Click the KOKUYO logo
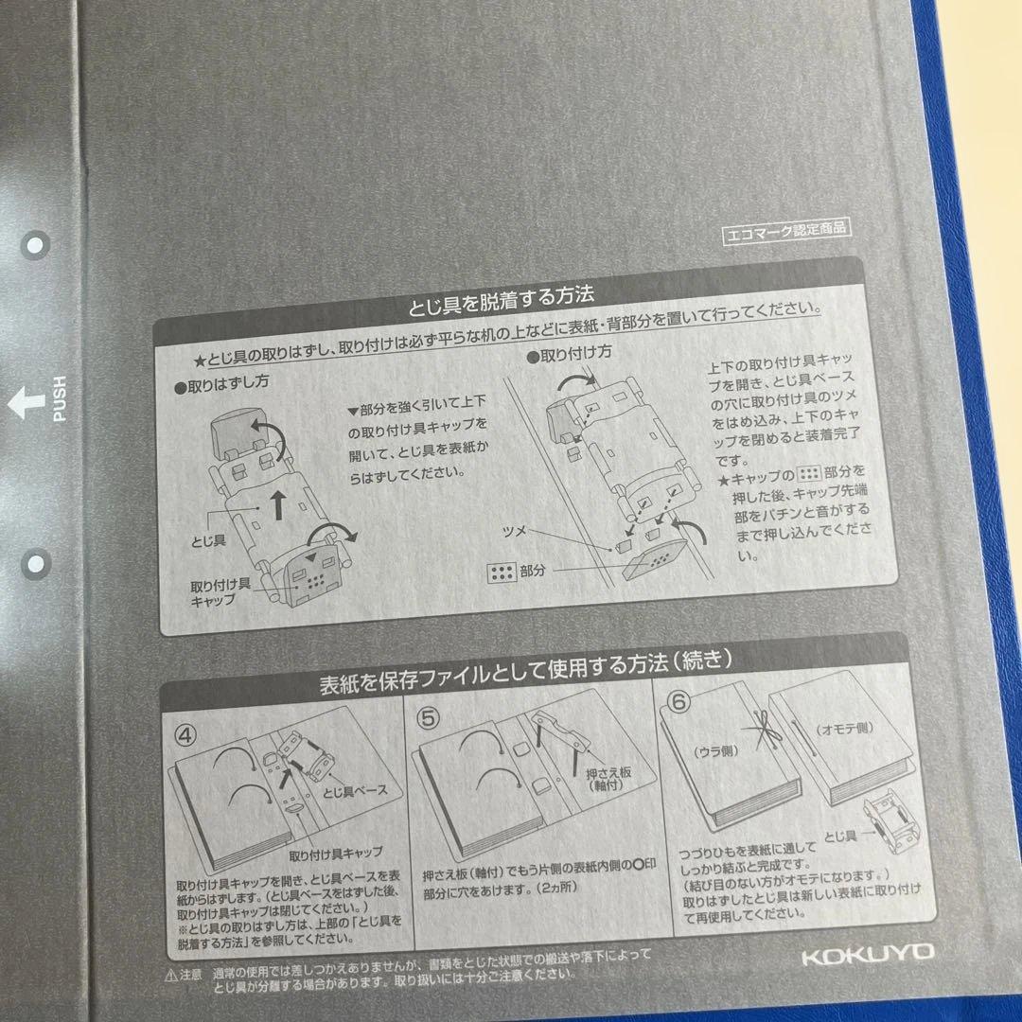[867, 953]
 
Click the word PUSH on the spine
[60, 398]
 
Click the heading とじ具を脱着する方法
[502, 294]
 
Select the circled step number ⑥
[678, 703]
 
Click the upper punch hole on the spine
[35, 246]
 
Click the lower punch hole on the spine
[35, 564]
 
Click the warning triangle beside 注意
[170, 973]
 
